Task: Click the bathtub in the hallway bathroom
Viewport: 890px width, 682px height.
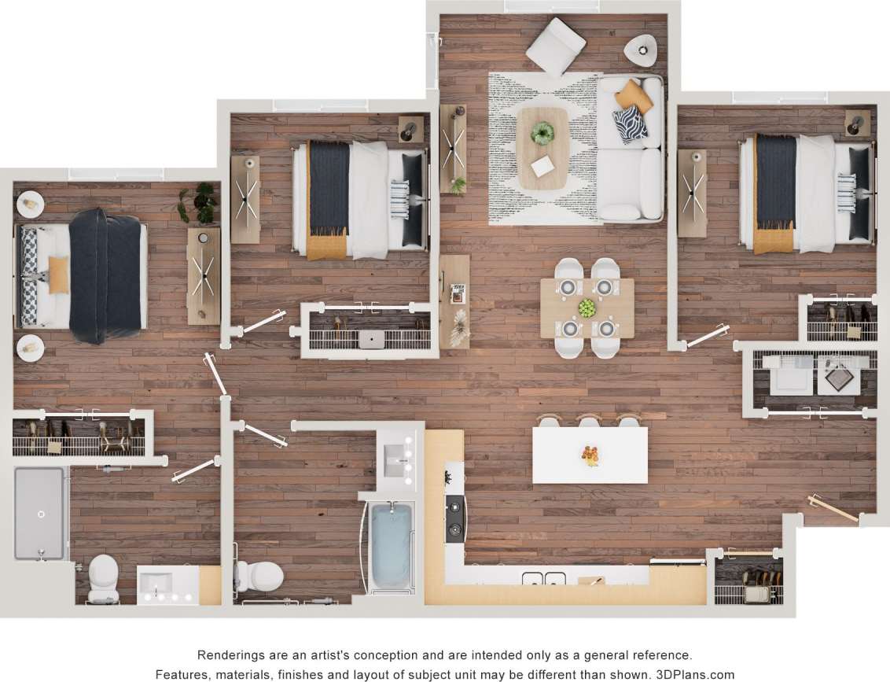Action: point(391,546)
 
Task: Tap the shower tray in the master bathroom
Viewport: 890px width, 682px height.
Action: point(39,513)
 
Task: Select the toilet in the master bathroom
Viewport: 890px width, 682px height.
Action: point(103,580)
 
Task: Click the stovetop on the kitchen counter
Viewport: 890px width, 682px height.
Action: point(455,519)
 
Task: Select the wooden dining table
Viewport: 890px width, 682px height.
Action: point(587,308)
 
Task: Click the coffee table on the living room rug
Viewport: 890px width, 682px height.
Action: point(542,148)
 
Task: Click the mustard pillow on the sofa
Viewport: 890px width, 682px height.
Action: point(634,95)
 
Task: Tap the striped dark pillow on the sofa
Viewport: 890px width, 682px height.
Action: point(630,124)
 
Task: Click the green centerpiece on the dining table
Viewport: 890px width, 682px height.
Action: point(587,308)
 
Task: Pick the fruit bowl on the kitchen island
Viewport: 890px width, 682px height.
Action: point(590,455)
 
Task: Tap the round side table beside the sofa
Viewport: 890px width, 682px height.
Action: point(642,50)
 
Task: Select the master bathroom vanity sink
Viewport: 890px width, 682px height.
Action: point(157,584)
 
